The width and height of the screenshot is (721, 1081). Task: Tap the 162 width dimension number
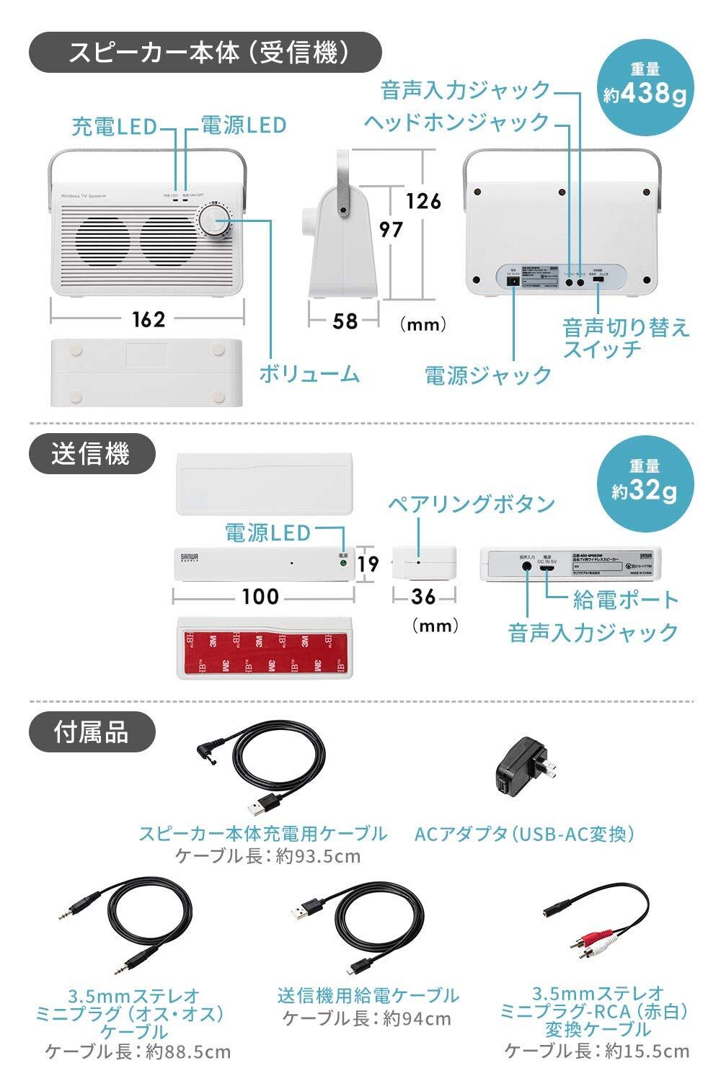pyautogui.click(x=149, y=319)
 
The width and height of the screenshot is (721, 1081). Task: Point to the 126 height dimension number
pyautogui.click(x=423, y=200)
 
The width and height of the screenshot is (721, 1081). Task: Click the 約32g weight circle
pyautogui.click(x=644, y=483)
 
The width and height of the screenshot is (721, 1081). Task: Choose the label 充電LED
pyautogui.click(x=114, y=126)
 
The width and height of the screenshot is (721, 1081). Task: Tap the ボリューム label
pyautogui.click(x=309, y=373)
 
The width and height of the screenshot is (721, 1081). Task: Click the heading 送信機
pyautogui.click(x=91, y=454)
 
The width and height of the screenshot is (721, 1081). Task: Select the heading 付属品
pyautogui.click(x=91, y=731)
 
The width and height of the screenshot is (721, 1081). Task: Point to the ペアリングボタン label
pyautogui.click(x=471, y=503)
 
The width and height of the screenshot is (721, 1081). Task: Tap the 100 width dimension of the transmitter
pyautogui.click(x=260, y=596)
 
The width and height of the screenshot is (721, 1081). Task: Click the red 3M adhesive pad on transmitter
pyautogui.click(x=264, y=645)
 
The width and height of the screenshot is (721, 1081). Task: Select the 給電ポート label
pyautogui.click(x=626, y=599)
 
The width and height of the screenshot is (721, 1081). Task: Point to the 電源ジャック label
pyautogui.click(x=487, y=375)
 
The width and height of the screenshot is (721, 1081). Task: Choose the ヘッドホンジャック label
pyautogui.click(x=456, y=121)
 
